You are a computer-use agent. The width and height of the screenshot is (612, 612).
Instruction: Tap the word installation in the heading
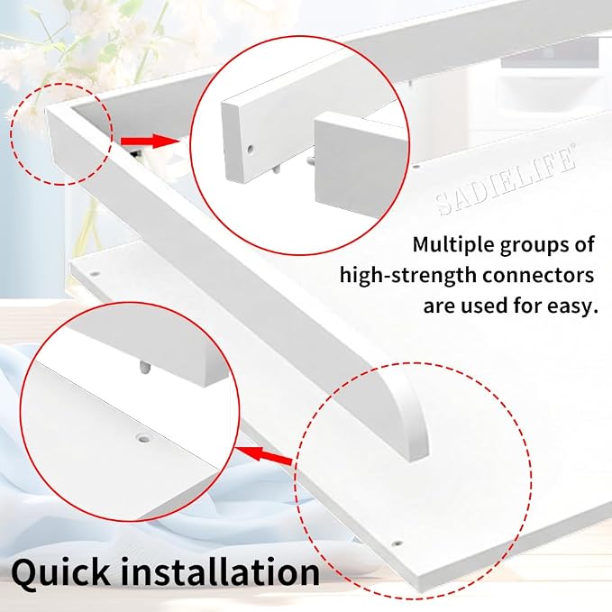pos(221,571)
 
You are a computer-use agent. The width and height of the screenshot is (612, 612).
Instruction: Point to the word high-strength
pos(408,276)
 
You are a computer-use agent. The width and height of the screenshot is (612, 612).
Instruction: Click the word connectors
pos(538,276)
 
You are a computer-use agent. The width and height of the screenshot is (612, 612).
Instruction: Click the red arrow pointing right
pos(150,141)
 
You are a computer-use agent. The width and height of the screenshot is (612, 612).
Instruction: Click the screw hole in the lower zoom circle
pos(144,439)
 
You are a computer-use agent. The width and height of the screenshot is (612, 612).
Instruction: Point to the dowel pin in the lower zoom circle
pos(144,367)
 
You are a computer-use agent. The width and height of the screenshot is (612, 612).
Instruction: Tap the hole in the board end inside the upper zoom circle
pos(251,149)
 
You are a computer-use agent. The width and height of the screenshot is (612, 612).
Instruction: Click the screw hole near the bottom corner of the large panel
pos(397,543)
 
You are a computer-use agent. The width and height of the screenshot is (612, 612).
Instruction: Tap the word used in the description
pos(485,306)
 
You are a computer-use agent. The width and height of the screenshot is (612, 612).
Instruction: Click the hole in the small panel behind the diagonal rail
pos(94,274)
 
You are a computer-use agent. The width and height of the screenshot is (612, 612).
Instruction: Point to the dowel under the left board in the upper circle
pos(277,169)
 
